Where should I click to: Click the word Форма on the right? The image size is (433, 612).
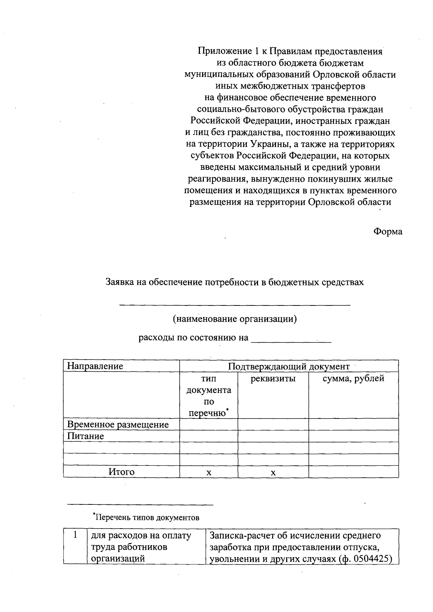click(x=388, y=232)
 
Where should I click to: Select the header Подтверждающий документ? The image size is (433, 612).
click(x=289, y=366)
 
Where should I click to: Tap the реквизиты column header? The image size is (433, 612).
click(x=273, y=378)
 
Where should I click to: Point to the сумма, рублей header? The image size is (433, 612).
click(x=353, y=378)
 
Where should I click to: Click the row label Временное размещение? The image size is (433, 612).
click(x=118, y=424)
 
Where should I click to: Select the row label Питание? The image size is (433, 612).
click(x=86, y=436)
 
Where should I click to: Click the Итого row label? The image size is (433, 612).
click(x=122, y=472)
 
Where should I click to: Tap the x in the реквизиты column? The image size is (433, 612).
click(x=273, y=473)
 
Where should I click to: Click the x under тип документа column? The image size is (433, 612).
click(x=209, y=473)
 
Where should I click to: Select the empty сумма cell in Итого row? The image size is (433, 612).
click(x=353, y=472)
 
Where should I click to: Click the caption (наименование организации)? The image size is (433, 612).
click(x=235, y=319)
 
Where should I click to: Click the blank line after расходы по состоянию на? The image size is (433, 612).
click(x=291, y=339)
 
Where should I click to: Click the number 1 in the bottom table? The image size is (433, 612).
click(x=75, y=535)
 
